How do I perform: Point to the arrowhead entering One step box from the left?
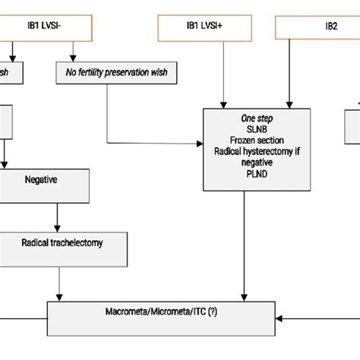pos(200,143)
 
